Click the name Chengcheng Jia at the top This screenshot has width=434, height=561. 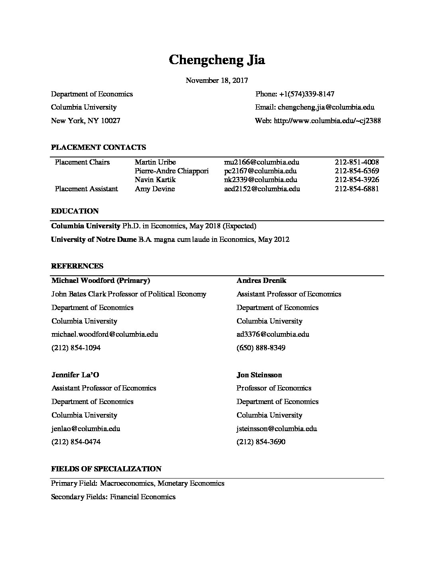coord(217,60)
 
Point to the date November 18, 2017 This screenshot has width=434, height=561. coord(217,80)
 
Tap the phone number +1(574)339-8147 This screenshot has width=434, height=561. coord(306,94)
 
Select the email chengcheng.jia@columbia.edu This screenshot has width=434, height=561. coord(326,107)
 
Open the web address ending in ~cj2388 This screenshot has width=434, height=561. coord(327,120)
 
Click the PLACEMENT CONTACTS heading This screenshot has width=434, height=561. coord(99,147)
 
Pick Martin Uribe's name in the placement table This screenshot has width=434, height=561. coord(155,162)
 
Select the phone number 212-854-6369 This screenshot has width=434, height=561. coord(357,171)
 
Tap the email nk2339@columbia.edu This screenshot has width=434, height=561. coord(260,180)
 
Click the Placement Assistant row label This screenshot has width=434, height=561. coord(87,189)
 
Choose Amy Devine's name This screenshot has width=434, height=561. coord(155,189)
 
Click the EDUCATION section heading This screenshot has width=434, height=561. coord(75,211)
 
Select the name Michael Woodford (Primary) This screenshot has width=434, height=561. coord(101,280)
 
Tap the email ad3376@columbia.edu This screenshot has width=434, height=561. coord(273,334)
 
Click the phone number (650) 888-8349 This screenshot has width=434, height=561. coord(261,348)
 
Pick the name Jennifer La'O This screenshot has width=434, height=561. coord(75,375)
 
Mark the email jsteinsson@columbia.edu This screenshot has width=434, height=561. coord(277,429)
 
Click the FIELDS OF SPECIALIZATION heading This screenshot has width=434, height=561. coord(106,469)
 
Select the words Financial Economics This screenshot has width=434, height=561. coord(143,497)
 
